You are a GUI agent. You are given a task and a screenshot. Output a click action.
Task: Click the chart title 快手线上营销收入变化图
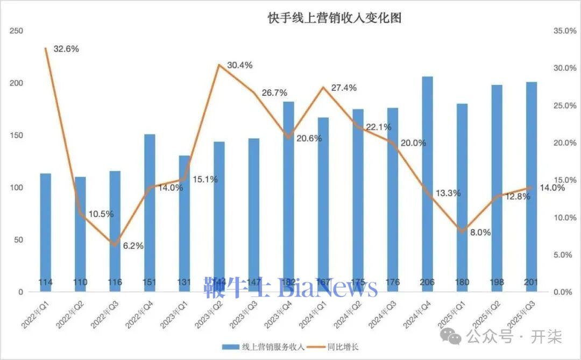coord(335,17)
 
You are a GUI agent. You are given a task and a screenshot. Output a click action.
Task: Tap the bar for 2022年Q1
coord(45,231)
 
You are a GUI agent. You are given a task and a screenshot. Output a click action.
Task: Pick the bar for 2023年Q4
coord(289,196)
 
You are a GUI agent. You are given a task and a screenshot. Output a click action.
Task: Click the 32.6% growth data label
coord(66,49)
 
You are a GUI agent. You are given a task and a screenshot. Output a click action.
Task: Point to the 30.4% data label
coord(239,65)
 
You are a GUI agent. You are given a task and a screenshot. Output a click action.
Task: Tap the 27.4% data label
coord(343,88)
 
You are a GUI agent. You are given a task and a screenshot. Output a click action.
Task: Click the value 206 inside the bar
coord(427,283)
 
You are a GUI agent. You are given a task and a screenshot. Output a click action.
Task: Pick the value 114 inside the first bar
coord(45,283)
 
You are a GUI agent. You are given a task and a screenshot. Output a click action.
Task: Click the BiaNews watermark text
coord(328,288)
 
